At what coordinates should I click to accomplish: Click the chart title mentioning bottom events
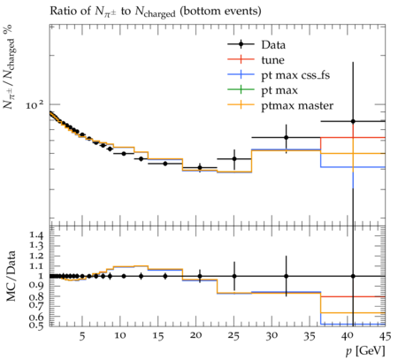click(x=156, y=11)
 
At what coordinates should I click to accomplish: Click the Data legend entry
click(x=256, y=45)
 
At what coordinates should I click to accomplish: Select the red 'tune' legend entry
click(x=256, y=60)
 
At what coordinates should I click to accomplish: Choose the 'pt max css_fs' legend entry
click(x=279, y=75)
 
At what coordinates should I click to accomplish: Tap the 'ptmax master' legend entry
click(x=280, y=105)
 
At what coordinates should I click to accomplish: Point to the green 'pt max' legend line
click(x=241, y=89)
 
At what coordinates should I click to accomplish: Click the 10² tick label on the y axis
click(x=34, y=105)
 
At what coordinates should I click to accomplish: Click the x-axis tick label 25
click(x=234, y=336)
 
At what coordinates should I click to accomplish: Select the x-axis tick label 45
click(x=385, y=336)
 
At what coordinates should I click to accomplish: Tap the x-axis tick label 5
click(x=82, y=336)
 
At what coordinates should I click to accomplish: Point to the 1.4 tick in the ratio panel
click(x=36, y=235)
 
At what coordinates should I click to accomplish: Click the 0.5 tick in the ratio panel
click(x=36, y=326)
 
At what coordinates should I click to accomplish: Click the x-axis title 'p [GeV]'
click(x=365, y=351)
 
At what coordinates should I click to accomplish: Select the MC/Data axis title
click(x=11, y=276)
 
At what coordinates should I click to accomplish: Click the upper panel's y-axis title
click(x=9, y=66)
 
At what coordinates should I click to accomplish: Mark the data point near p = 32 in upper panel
click(x=286, y=137)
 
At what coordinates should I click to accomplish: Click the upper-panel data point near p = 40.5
click(x=353, y=121)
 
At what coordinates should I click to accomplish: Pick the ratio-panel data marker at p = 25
click(x=234, y=276)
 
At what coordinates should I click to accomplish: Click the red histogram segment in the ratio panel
click(x=353, y=296)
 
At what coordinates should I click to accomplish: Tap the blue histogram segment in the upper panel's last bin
click(x=353, y=167)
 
